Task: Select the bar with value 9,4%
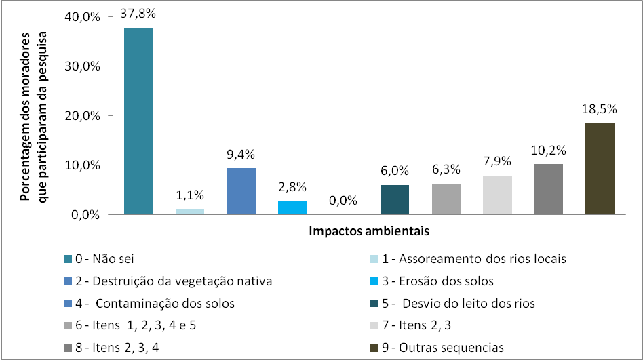241,191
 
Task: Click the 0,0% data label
343,201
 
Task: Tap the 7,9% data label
496,161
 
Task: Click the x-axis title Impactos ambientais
369,231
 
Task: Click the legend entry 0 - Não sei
108,258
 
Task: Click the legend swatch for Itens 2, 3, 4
67,348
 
